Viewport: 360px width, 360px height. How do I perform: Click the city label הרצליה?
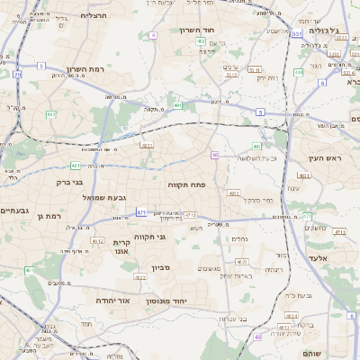[x=94, y=15]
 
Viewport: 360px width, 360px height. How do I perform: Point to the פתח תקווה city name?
[x=187, y=184]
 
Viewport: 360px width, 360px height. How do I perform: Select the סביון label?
[x=160, y=267]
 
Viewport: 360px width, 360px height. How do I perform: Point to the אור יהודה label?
[x=113, y=300]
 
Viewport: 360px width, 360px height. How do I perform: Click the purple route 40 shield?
[x=214, y=155]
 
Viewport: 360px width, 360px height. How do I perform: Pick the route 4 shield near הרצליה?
[x=153, y=35]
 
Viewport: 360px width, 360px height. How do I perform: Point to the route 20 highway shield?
[x=17, y=74]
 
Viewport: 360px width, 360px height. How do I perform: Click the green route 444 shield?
[x=298, y=72]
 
